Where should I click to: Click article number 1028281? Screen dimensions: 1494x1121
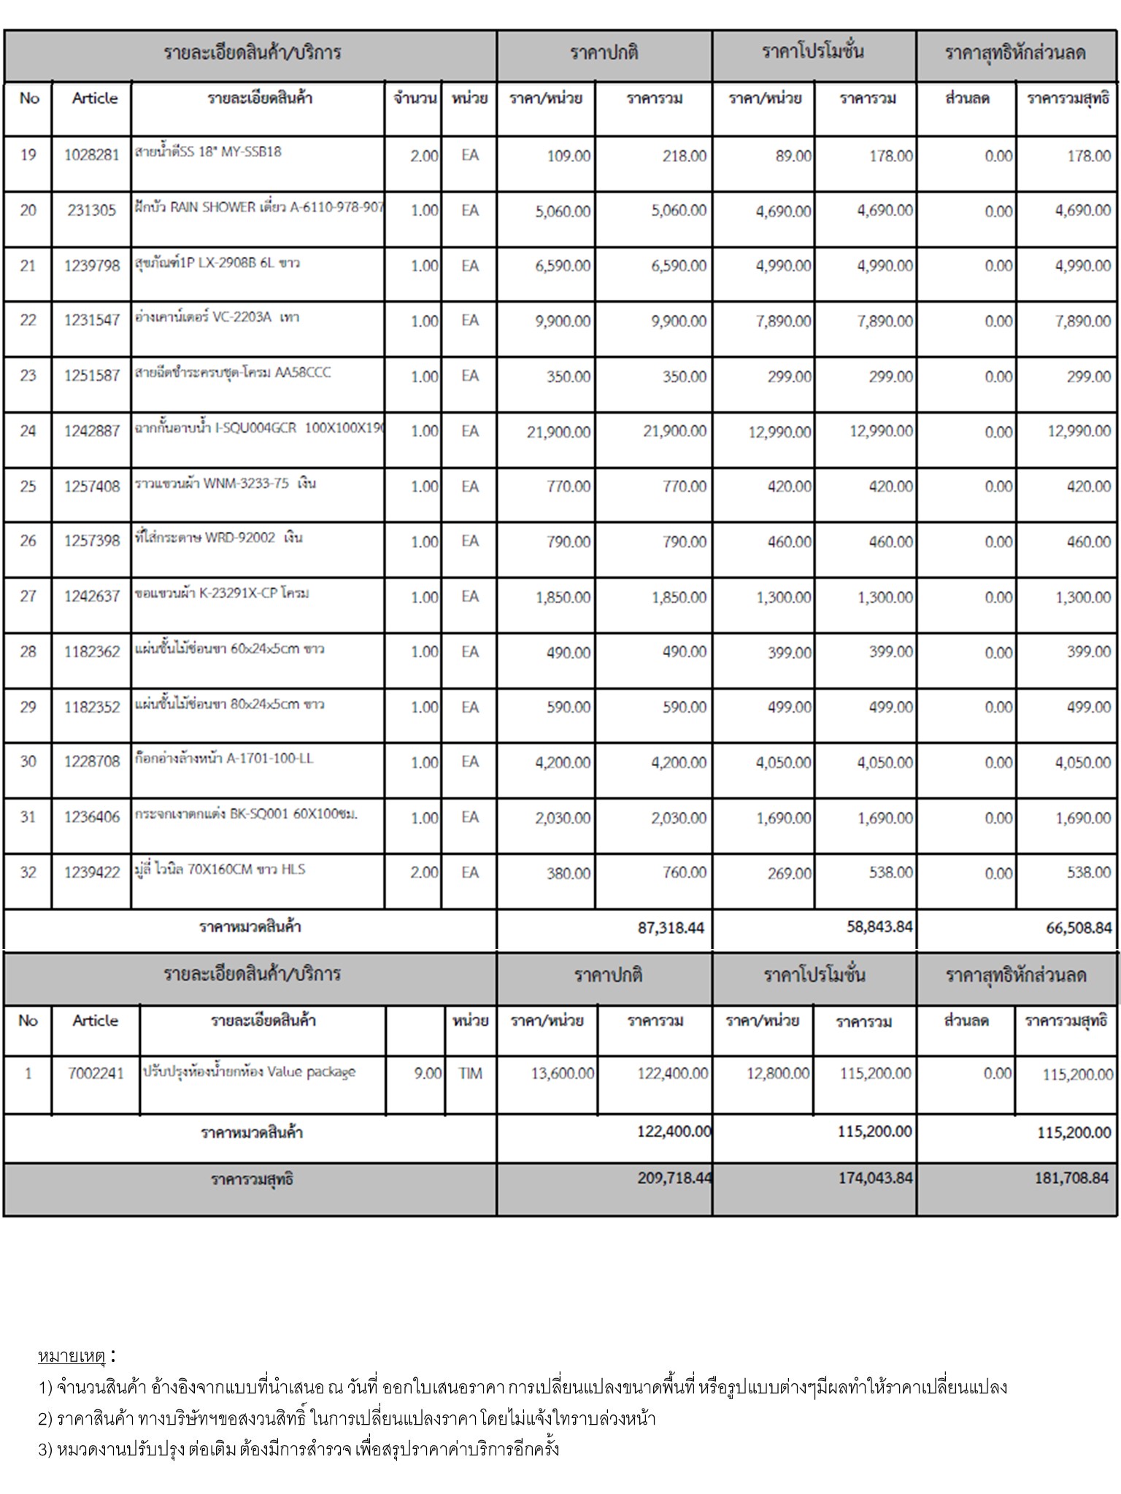point(91,155)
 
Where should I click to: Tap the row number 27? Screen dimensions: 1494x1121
point(28,597)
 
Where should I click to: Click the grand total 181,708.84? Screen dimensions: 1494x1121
point(1071,1177)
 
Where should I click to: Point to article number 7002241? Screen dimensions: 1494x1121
point(96,1073)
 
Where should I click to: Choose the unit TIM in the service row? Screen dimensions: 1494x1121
point(470,1073)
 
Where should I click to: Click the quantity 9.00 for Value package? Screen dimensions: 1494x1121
point(428,1073)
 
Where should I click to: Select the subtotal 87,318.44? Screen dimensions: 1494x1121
point(671,928)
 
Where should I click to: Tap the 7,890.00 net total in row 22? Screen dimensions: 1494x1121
point(1082,322)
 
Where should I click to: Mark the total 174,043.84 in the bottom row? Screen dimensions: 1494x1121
point(875,1177)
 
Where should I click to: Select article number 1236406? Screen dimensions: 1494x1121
point(91,818)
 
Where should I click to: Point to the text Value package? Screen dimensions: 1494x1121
point(311,1072)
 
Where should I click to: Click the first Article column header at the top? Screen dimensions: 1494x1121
point(95,98)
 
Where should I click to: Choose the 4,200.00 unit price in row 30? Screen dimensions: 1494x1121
point(562,763)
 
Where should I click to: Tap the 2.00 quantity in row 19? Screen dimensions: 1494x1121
point(424,155)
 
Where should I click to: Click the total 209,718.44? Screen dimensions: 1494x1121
point(674,1177)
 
